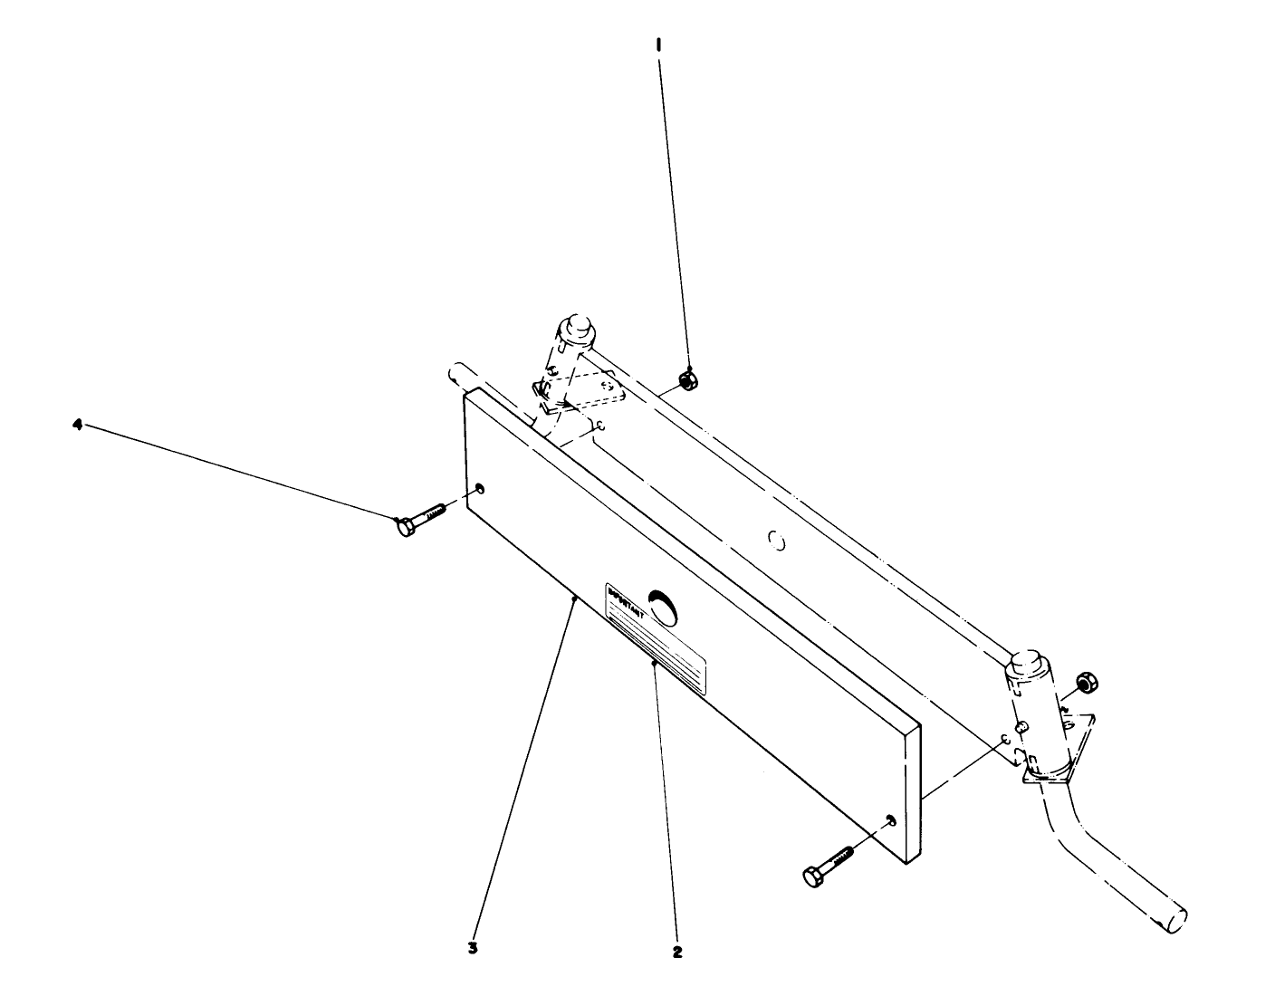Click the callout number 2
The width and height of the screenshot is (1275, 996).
click(x=677, y=952)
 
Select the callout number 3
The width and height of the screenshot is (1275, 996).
click(x=472, y=949)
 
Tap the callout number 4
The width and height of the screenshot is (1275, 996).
click(x=78, y=423)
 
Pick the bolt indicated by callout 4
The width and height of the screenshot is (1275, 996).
click(x=418, y=519)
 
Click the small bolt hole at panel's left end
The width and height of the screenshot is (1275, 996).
click(x=479, y=490)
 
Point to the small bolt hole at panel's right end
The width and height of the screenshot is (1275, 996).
click(x=891, y=820)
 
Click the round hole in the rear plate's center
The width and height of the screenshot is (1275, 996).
click(x=775, y=541)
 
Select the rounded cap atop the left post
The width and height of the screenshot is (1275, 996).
click(x=575, y=328)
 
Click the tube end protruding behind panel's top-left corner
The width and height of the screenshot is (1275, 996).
click(x=457, y=375)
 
